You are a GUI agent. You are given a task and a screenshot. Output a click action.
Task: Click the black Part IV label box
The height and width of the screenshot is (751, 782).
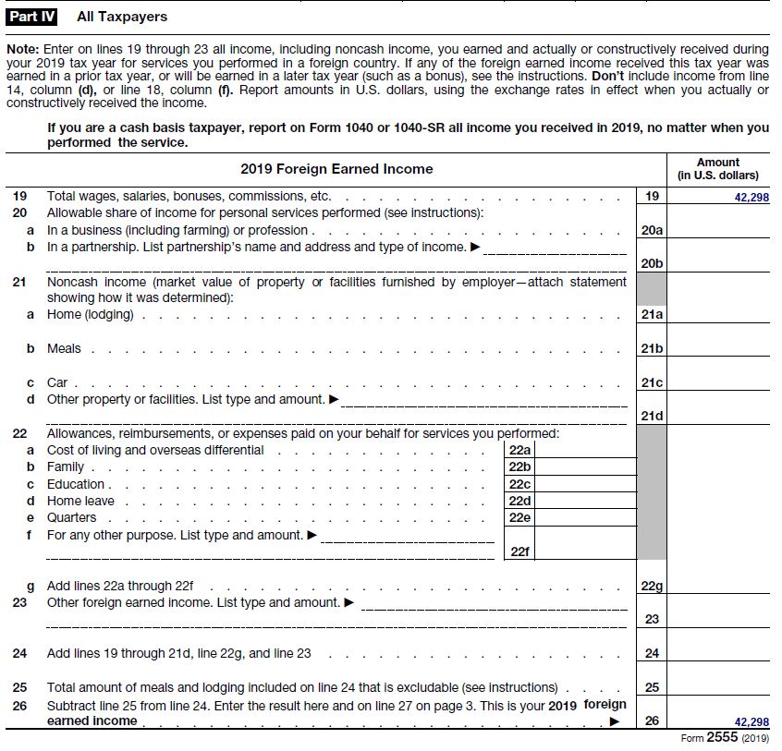[x=31, y=17]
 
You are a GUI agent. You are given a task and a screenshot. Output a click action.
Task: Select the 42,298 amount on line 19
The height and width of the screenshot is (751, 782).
[x=751, y=197]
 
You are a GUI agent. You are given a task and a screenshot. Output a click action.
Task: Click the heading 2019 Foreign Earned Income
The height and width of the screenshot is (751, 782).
[x=336, y=169]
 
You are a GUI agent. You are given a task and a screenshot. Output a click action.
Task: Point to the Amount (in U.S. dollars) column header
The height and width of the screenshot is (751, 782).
[x=717, y=169]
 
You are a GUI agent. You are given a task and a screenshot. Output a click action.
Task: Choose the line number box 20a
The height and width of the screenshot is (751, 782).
[x=652, y=230]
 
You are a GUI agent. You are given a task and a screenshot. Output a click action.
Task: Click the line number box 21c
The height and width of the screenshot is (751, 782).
[x=652, y=382]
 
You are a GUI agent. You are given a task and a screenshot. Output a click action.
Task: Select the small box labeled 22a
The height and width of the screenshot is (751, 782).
[x=520, y=451]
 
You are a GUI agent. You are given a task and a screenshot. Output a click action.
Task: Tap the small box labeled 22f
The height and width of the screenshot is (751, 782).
[x=520, y=551]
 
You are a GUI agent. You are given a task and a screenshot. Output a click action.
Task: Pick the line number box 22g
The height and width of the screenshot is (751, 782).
[x=652, y=587]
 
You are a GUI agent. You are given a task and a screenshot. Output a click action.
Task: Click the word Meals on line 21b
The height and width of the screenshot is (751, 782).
[x=64, y=348]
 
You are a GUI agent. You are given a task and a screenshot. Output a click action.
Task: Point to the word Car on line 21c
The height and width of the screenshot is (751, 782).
[x=56, y=382]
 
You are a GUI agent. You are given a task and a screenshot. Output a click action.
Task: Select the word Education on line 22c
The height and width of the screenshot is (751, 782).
[x=76, y=484]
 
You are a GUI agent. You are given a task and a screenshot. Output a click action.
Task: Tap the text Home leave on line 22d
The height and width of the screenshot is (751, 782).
[x=80, y=501]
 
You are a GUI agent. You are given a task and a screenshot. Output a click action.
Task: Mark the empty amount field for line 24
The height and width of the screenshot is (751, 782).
[x=717, y=653]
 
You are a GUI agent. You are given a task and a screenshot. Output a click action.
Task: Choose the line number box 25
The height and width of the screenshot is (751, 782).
[x=652, y=687]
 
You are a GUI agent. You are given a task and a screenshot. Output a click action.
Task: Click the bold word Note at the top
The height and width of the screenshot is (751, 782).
[x=20, y=48]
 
